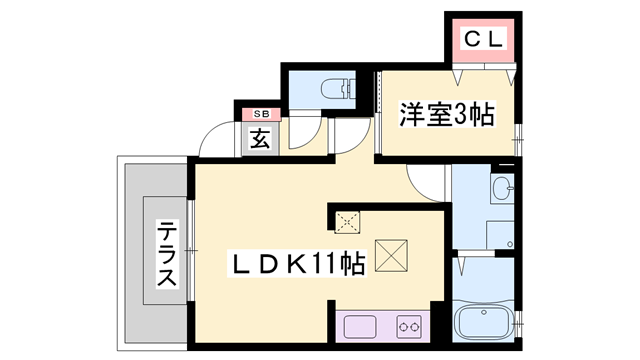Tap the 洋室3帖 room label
tap(448, 115)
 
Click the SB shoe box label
tap(259, 115)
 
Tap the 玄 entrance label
tap(259, 139)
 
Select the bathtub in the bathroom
tap(482, 323)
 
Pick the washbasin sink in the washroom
tap(501, 187)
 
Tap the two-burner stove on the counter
tap(408, 325)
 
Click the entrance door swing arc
tap(211, 140)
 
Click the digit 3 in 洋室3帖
tap(461, 115)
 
